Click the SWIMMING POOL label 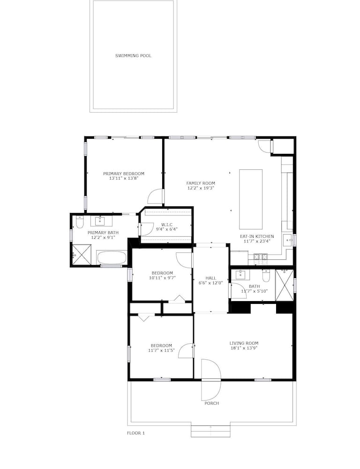(x=133, y=56)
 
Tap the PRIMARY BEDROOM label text (x=124, y=174)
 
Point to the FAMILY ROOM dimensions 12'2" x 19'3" (x=201, y=188)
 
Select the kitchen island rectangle (x=251, y=199)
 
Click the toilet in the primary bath (x=80, y=222)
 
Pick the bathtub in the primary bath (x=112, y=257)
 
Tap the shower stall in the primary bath (x=82, y=255)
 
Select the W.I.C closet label (x=167, y=225)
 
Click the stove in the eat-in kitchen (x=261, y=257)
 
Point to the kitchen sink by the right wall (x=288, y=240)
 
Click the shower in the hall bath (x=285, y=285)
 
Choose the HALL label (x=211, y=278)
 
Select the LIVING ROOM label (x=244, y=343)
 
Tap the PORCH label (x=212, y=403)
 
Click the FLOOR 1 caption (x=136, y=433)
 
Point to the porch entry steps (x=211, y=431)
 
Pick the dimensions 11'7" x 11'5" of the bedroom (x=161, y=350)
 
